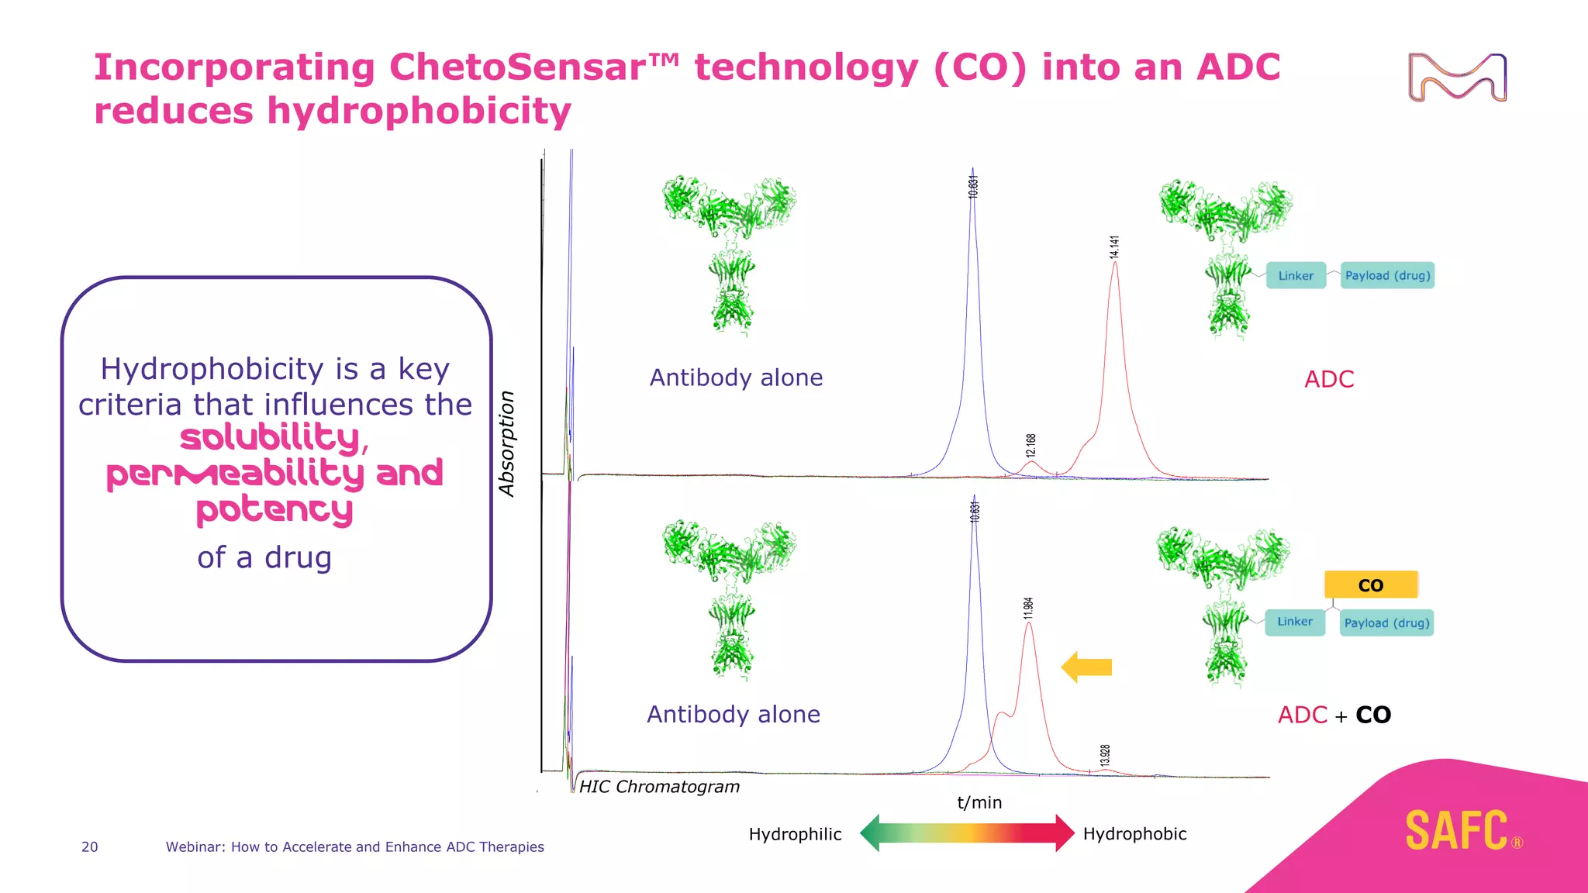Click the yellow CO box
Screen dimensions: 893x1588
[x=1370, y=585]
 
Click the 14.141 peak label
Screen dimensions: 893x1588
[x=1114, y=247]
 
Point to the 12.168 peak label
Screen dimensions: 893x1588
[x=1030, y=445]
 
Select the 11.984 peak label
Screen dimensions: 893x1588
[x=1028, y=608]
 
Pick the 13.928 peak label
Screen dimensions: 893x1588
[x=1105, y=754]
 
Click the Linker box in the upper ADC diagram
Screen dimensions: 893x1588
[x=1296, y=276]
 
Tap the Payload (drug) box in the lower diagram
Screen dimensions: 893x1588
[x=1386, y=623]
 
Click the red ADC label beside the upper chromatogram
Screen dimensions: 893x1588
[x=1329, y=379]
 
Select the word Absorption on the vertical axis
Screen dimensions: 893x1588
[x=506, y=443]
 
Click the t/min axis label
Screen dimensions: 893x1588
[x=979, y=802]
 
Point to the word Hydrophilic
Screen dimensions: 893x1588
[x=795, y=834]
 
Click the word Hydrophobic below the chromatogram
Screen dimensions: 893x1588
[x=1134, y=834]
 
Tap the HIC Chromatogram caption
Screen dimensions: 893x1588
[x=659, y=787]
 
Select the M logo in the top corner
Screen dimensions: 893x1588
[x=1457, y=78]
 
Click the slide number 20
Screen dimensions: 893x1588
[x=90, y=847]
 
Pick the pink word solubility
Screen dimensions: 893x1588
[x=270, y=438]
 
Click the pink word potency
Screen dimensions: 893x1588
[x=274, y=510]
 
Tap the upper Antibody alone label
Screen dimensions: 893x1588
[x=736, y=378]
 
